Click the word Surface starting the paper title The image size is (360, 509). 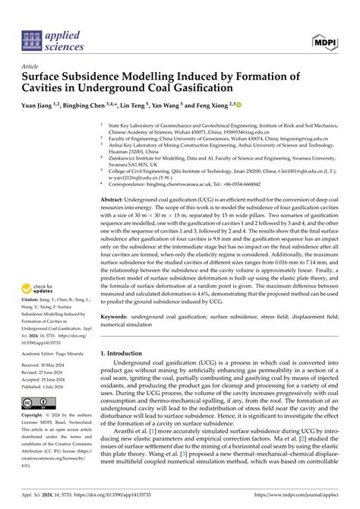[47, 77]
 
